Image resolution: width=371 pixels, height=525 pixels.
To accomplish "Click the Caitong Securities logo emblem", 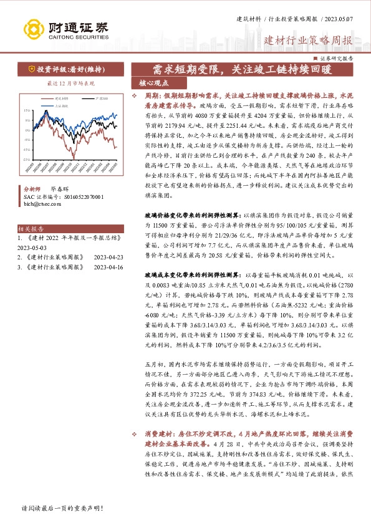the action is click(34, 29).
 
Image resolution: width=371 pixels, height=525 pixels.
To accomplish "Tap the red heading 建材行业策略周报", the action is click(308, 41).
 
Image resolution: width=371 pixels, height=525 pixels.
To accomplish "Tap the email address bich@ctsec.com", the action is click(40, 203).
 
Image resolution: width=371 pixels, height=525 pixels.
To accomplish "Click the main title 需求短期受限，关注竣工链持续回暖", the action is click(238, 69).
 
